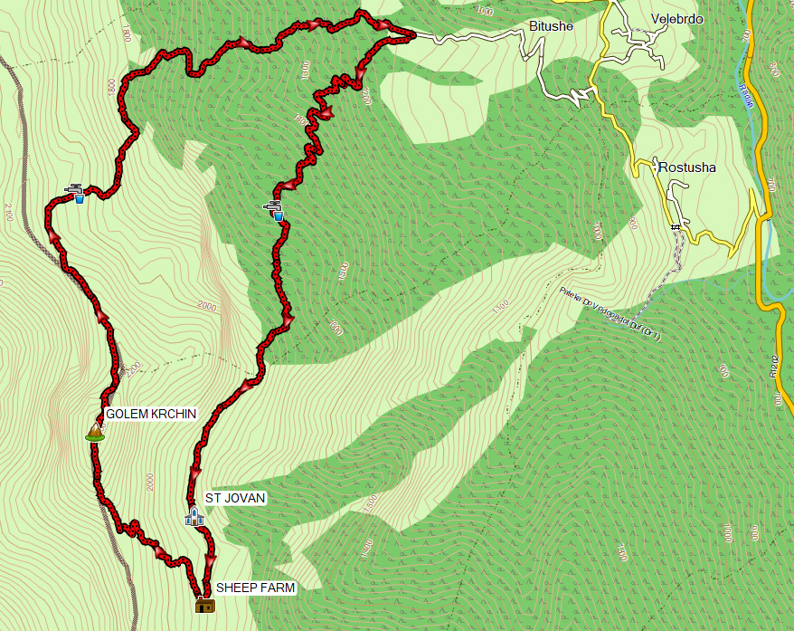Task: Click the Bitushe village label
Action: [551, 26]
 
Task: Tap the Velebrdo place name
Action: [676, 19]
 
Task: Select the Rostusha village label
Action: [686, 167]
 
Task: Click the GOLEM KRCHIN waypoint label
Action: [151, 414]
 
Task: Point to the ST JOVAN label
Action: [235, 498]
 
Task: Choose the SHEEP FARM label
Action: [255, 587]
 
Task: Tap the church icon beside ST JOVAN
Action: [194, 516]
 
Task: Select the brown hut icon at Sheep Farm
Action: [205, 605]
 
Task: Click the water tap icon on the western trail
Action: [76, 193]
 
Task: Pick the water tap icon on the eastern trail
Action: [275, 211]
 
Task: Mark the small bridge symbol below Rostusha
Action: [675, 226]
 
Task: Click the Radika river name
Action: [747, 95]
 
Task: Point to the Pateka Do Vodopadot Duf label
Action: [610, 313]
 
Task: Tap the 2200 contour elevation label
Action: [135, 369]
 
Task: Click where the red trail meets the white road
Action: [412, 35]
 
